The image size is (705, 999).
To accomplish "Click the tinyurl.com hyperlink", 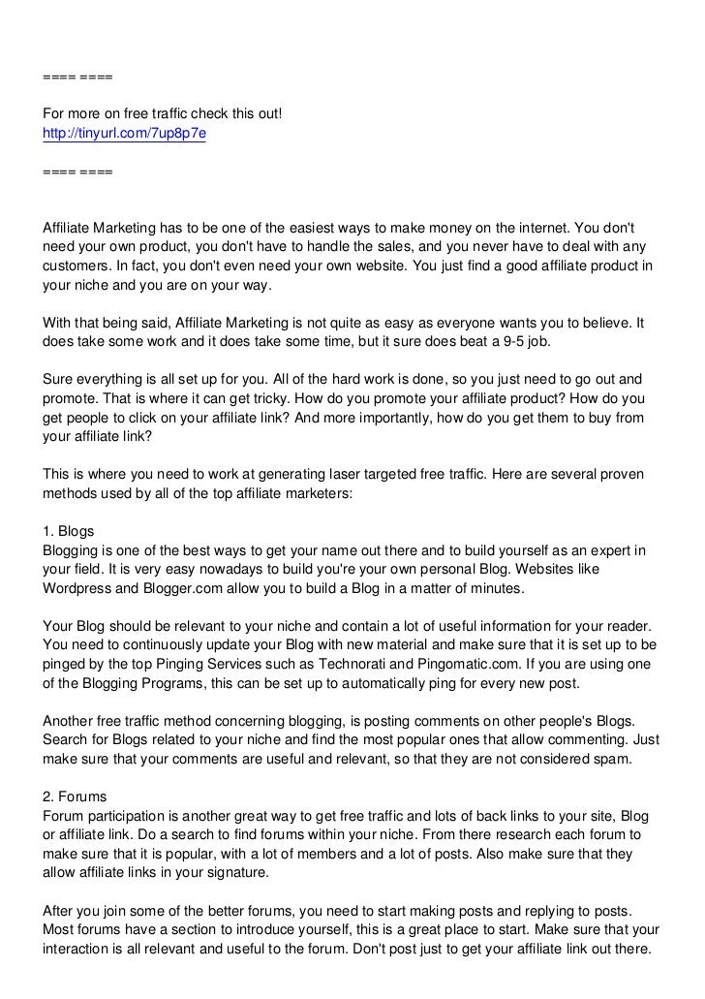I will pyautogui.click(x=124, y=133).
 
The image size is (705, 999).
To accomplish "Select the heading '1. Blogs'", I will pyautogui.click(x=69, y=532).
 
